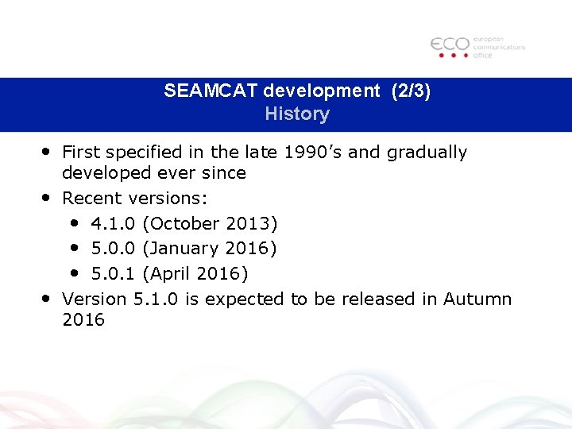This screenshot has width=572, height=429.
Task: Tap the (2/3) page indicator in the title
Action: pos(411,91)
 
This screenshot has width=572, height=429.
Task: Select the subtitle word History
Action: pos(297,114)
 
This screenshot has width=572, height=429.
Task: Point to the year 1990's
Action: pos(310,152)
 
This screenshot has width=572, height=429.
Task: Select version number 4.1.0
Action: pos(113,223)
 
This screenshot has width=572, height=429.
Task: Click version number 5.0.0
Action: pos(113,249)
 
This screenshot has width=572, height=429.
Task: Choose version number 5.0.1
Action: pos(113,274)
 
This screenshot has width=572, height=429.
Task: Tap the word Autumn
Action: pos(477,300)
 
